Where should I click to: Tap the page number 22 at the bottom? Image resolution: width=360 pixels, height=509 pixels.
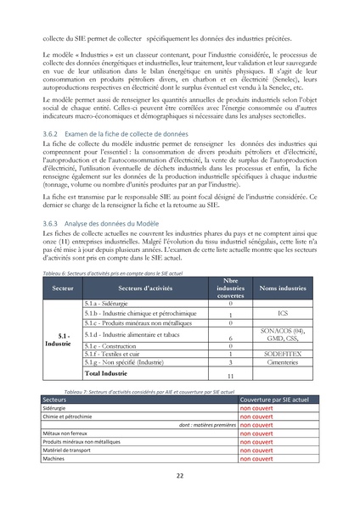180,475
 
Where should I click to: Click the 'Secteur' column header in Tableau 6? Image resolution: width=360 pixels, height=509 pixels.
62,288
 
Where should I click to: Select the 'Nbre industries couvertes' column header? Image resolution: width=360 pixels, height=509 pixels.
225,288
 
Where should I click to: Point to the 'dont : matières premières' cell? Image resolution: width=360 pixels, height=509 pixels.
207,424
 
